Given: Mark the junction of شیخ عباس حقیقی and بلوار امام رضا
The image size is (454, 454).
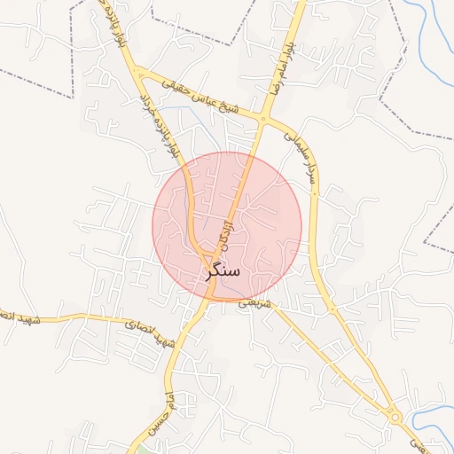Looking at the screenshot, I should [x=264, y=117].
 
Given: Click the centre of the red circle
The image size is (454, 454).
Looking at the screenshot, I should [x=227, y=227].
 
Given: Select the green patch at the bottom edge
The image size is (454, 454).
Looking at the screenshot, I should [x=142, y=447].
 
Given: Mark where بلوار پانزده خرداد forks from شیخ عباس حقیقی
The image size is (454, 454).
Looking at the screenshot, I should [x=141, y=72].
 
